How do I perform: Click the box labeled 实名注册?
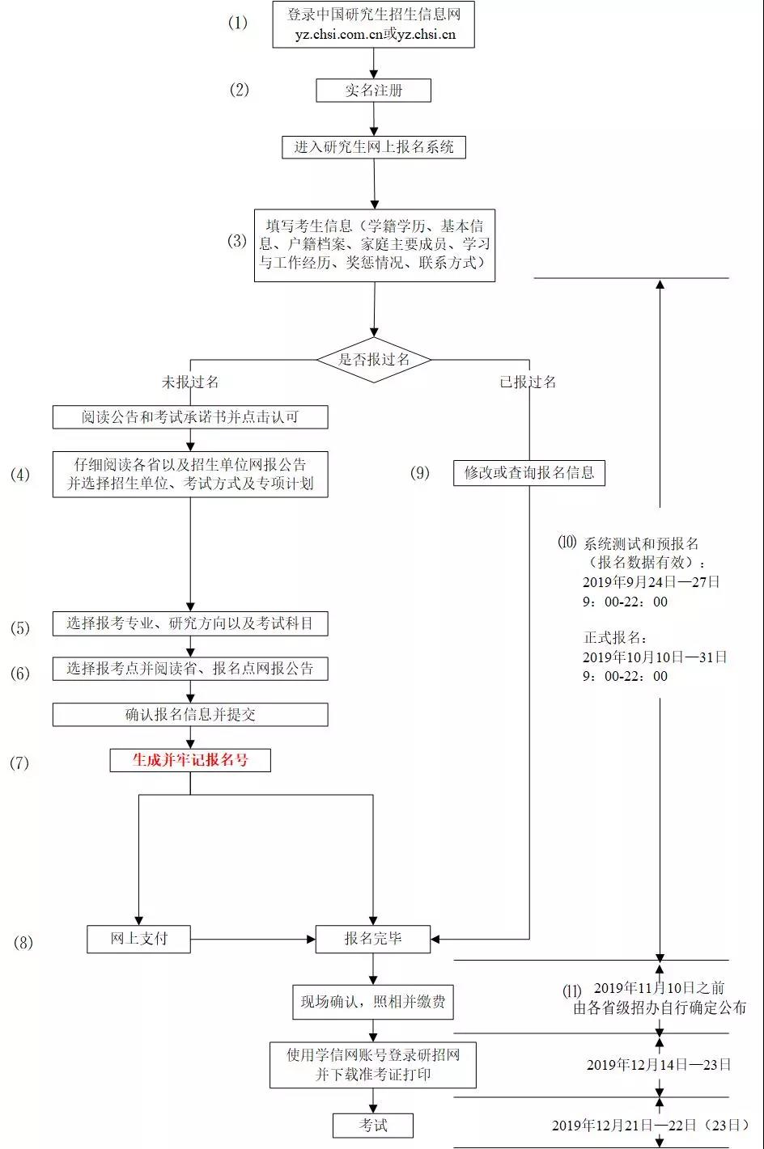373,91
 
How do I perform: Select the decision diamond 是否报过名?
373,360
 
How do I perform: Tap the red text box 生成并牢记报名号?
190,760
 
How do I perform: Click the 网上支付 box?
138,939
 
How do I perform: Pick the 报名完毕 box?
373,939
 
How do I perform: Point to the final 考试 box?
373,1125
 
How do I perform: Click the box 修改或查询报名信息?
529,473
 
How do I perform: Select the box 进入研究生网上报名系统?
373,147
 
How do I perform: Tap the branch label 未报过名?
190,382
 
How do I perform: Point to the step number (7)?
19,762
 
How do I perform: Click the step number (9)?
420,473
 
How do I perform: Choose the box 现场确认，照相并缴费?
373,1003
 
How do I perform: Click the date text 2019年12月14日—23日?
659,1065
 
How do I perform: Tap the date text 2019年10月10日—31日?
655,657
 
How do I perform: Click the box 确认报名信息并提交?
190,715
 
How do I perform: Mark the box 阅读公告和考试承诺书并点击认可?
190,417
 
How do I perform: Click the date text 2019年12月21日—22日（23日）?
651,1125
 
